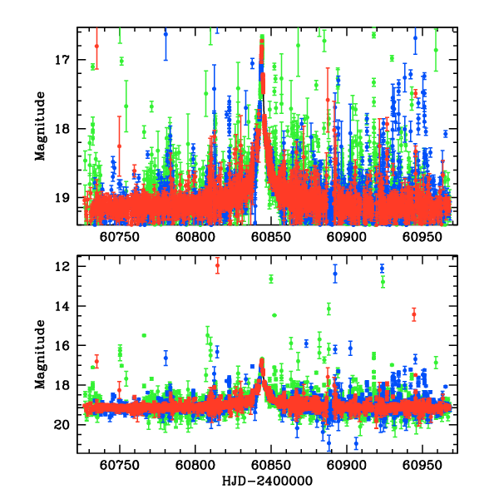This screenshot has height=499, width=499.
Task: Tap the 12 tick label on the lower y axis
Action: pyautogui.click(x=62, y=266)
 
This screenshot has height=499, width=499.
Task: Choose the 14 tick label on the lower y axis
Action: pyautogui.click(x=62, y=306)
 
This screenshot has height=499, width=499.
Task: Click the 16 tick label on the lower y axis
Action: pyautogui.click(x=62, y=345)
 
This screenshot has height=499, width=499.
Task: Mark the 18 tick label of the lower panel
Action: pyautogui.click(x=62, y=385)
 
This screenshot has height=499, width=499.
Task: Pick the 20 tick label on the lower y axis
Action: pyautogui.click(x=62, y=425)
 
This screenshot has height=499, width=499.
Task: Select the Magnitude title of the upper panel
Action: pyautogui.click(x=39, y=126)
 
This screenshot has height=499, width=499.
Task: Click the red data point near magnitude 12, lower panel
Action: pyautogui.click(x=217, y=266)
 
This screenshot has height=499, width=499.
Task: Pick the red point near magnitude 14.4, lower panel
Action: pyautogui.click(x=413, y=314)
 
